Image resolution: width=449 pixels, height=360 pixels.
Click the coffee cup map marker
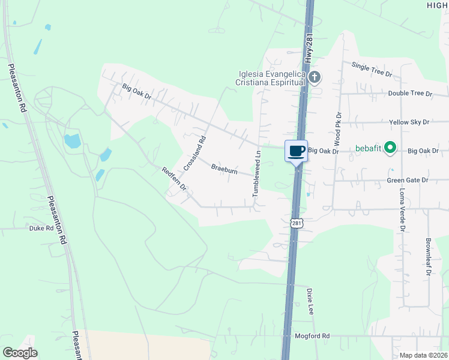(x=296, y=151)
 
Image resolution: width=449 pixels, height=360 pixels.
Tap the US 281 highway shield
(x=297, y=223)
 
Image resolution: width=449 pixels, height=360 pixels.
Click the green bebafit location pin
(x=390, y=147)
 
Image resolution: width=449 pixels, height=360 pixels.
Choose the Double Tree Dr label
(x=410, y=94)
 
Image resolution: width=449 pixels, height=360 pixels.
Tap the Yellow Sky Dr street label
(x=409, y=122)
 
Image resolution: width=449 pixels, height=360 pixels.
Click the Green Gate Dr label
(x=408, y=180)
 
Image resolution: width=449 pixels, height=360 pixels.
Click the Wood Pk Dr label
(x=339, y=128)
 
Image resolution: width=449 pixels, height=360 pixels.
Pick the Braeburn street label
(x=224, y=170)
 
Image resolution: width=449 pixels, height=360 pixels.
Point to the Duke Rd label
(x=41, y=228)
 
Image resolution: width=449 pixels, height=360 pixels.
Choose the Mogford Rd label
(x=312, y=337)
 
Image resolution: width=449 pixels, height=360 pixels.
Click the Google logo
(x=20, y=353)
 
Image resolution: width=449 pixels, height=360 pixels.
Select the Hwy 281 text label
(x=309, y=50)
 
